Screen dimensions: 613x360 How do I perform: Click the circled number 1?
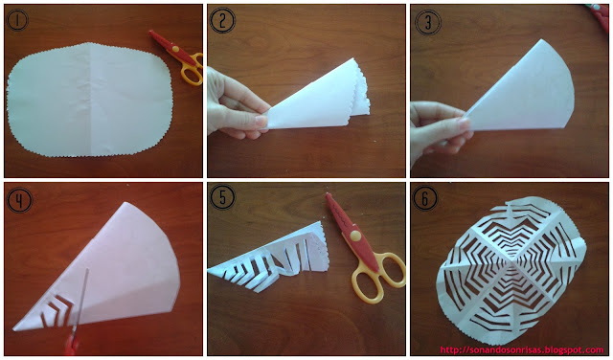[x=17, y=21]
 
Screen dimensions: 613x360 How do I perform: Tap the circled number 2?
[x=222, y=21]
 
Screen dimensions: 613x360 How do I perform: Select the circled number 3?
[x=428, y=21]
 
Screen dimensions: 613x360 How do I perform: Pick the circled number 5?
[x=222, y=197]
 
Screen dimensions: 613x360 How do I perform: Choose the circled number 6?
[x=425, y=198]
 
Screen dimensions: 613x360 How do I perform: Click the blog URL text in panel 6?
[x=521, y=350]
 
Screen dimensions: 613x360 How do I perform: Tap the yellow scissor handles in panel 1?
[x=193, y=70]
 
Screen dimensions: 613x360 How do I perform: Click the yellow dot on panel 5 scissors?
[x=355, y=236]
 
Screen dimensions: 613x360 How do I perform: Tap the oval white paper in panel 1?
[x=89, y=100]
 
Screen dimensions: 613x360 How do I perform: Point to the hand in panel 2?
[x=238, y=102]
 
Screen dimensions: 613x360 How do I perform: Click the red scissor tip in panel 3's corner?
[x=600, y=13]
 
